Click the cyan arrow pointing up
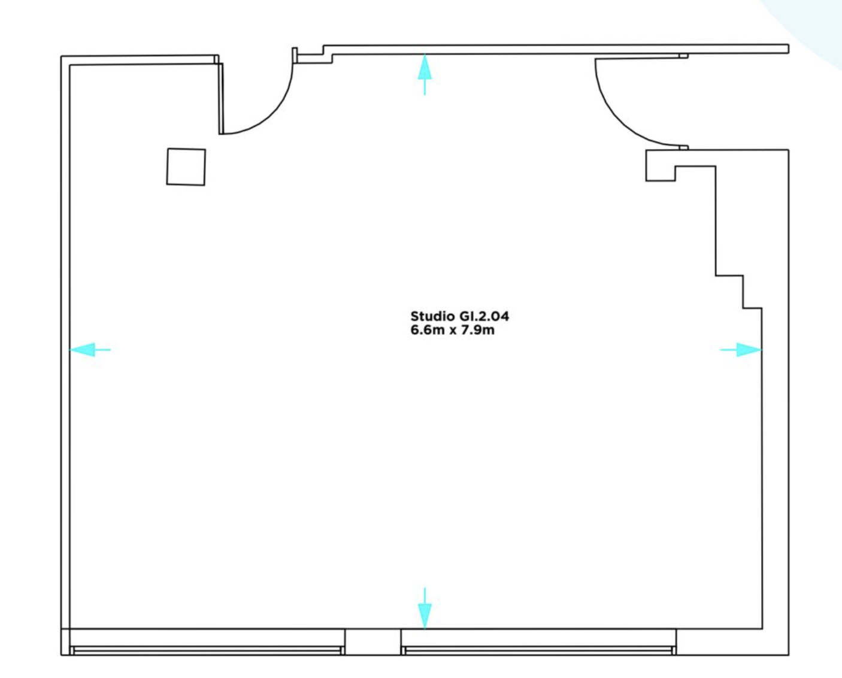pyautogui.click(x=425, y=74)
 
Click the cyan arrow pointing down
pyautogui.click(x=425, y=608)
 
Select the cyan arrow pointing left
pyautogui.click(x=90, y=350)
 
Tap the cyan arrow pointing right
pyautogui.click(x=741, y=350)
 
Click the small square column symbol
pyautogui.click(x=186, y=167)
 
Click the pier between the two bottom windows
pyautogui.click(x=373, y=642)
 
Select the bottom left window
pyautogui.click(x=207, y=650)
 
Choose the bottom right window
pyautogui.click(x=539, y=650)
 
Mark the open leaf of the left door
pyautogui.click(x=221, y=99)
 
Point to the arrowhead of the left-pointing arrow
pyautogui.click(x=82, y=350)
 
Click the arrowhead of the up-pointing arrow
pyautogui.click(x=425, y=66)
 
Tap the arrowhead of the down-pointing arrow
pyautogui.click(x=425, y=616)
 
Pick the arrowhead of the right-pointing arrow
pyautogui.click(x=749, y=350)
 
